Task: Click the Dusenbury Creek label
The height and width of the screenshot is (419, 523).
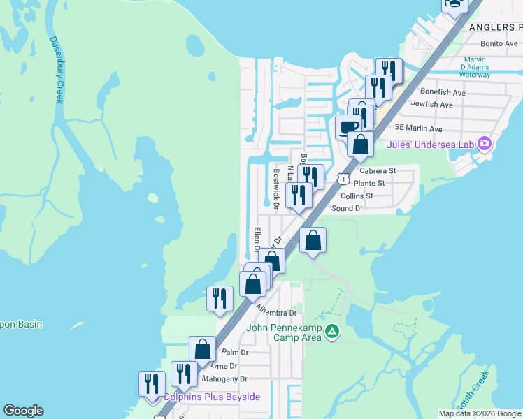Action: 55,70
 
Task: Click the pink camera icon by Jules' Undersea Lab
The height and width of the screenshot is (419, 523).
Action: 484,145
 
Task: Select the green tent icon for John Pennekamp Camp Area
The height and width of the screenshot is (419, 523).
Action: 334,331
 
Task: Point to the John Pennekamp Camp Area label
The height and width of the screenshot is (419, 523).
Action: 283,332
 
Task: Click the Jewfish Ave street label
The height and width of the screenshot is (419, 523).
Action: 431,105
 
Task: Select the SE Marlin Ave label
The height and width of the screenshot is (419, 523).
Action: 418,128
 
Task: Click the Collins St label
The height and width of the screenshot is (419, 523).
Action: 366,196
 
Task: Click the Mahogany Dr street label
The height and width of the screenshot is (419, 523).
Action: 224,379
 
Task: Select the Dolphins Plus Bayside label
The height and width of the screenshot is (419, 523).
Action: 211,397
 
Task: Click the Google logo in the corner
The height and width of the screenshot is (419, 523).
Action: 23,411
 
